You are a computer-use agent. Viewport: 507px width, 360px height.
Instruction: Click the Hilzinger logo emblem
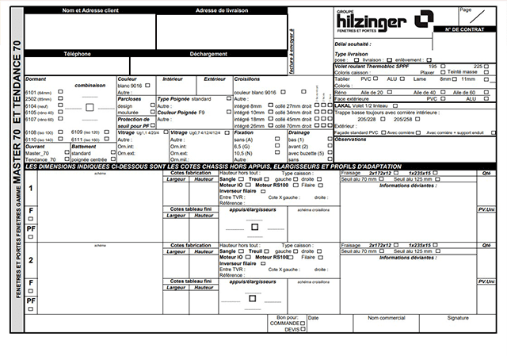(426, 18)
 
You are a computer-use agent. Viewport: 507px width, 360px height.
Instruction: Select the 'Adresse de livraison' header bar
(217, 10)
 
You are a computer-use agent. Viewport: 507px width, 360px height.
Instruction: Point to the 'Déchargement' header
(209, 53)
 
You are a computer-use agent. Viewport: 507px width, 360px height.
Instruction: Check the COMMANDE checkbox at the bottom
(303, 324)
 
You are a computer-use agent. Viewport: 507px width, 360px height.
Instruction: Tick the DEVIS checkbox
(303, 329)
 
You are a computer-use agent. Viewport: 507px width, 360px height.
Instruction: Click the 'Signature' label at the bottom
(457, 318)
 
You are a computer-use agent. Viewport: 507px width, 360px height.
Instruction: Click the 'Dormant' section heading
(36, 79)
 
